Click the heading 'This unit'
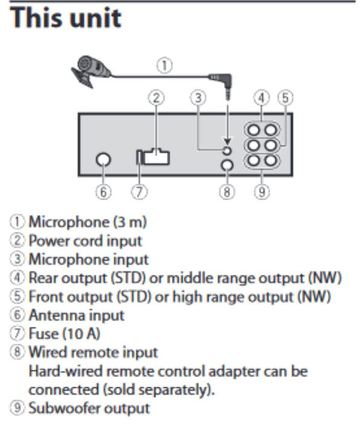tap(66, 18)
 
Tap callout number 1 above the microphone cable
tap(164, 65)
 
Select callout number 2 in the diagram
tap(156, 98)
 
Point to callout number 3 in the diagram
tap(198, 98)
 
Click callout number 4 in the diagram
tap(262, 98)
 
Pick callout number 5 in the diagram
tap(285, 98)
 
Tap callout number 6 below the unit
tap(103, 192)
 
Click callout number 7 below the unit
tap(140, 192)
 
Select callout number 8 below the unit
tap(227, 192)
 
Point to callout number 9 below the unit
tap(262, 192)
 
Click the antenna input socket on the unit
tap(103, 160)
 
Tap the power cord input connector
tap(156, 157)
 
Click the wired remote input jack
tap(227, 165)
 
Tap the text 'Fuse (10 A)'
tap(65, 334)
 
